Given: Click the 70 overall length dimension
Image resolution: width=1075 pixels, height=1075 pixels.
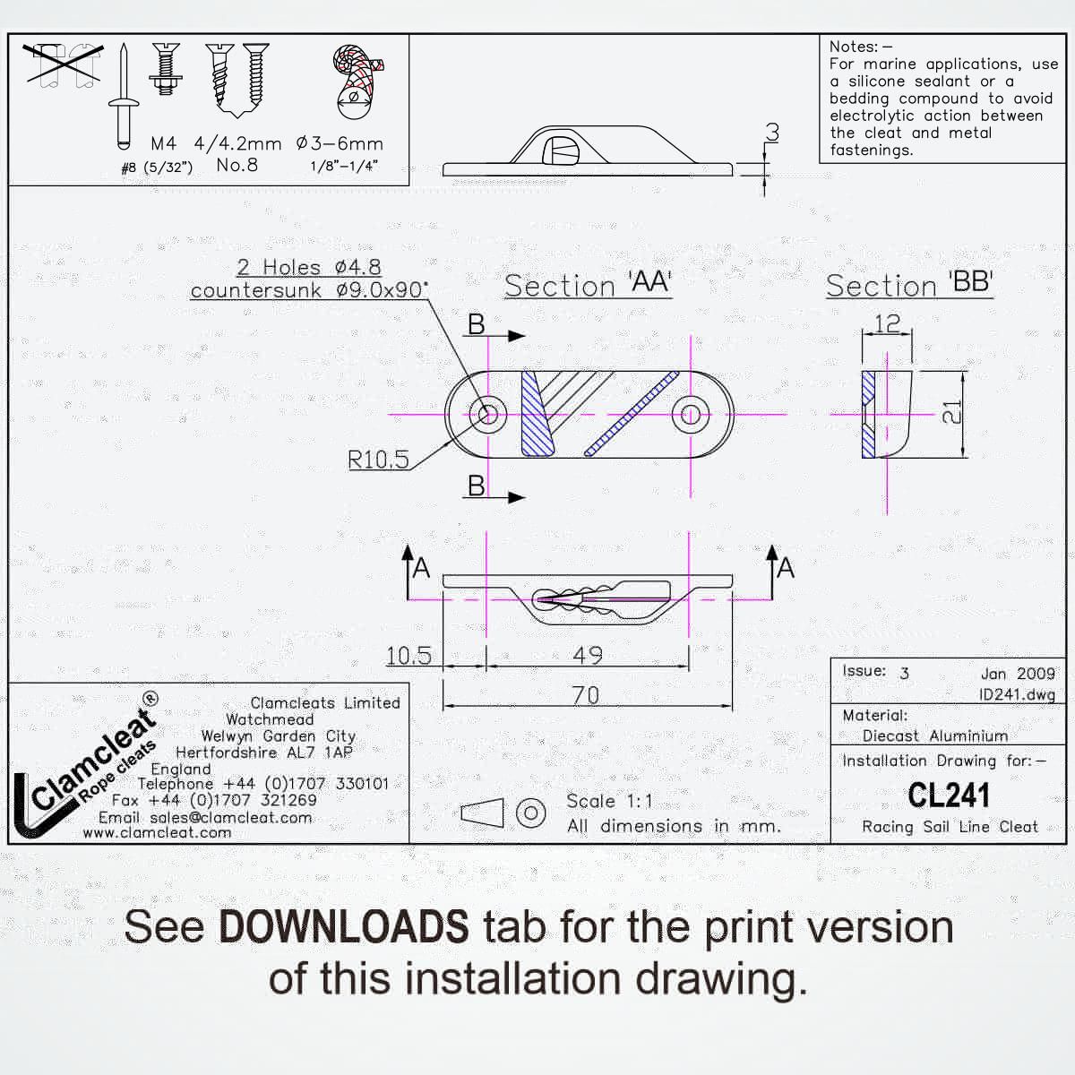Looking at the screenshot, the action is click(x=586, y=695).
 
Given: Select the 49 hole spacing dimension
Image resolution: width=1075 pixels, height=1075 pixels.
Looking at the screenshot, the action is click(x=588, y=655).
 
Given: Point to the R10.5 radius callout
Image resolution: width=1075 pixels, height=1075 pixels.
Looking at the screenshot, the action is click(x=378, y=460).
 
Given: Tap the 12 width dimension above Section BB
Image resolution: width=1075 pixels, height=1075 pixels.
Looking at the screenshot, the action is click(x=887, y=323).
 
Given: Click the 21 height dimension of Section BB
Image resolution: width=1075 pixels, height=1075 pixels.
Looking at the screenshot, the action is click(x=951, y=413).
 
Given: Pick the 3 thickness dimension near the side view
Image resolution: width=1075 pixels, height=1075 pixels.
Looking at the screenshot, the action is click(x=772, y=133).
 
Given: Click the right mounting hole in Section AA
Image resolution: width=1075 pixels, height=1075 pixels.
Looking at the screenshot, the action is click(x=691, y=415).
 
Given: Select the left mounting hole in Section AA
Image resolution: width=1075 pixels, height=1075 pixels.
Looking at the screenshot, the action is click(x=488, y=415).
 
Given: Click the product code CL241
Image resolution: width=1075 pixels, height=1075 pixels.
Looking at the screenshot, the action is click(x=949, y=795).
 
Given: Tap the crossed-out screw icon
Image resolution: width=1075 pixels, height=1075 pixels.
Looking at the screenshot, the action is click(x=63, y=65).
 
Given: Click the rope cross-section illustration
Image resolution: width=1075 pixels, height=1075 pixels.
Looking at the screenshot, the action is click(x=357, y=82).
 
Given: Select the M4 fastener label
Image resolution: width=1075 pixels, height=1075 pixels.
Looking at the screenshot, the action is click(x=163, y=144).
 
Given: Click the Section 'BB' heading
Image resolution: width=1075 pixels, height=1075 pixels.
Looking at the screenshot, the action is click(x=909, y=285).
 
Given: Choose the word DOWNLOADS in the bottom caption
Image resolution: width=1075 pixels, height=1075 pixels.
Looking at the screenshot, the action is click(x=344, y=926).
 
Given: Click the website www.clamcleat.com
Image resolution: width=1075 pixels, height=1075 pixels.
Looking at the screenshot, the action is click(x=158, y=832).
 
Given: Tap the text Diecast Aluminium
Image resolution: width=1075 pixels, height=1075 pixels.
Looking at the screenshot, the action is click(x=935, y=735).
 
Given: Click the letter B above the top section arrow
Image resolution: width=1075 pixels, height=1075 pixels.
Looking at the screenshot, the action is click(x=476, y=324).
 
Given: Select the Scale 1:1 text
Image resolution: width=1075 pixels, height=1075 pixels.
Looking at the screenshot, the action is click(x=609, y=801).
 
